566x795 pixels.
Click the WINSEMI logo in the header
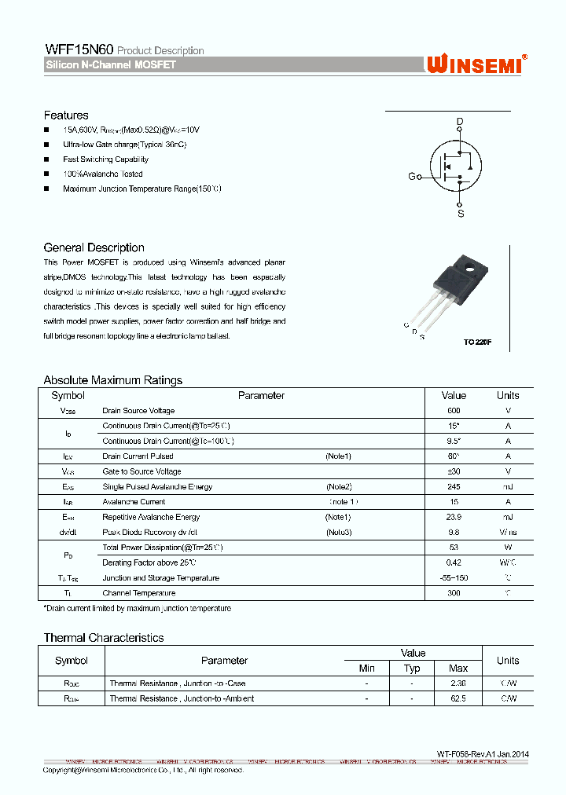tap(476, 64)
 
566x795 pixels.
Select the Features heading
tap(66, 115)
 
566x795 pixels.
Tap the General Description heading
tap(94, 247)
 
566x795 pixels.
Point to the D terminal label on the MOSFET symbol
tap(461, 121)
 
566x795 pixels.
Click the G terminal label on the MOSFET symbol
tap(412, 177)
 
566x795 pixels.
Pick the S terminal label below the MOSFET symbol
tap(461, 213)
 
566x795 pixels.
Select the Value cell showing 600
tap(454, 411)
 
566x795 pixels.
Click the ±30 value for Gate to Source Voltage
tap(454, 471)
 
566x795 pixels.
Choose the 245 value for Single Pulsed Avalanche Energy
tap(454, 486)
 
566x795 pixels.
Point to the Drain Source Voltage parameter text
tap(138, 411)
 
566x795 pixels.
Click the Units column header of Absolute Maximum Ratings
tap(508, 395)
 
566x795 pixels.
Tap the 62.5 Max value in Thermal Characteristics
tap(458, 698)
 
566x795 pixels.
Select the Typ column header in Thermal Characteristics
tap(412, 669)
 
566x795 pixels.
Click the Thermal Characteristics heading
tap(103, 638)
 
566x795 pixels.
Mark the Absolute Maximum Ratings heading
tap(112, 380)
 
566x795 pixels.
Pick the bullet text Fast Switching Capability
tap(105, 159)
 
